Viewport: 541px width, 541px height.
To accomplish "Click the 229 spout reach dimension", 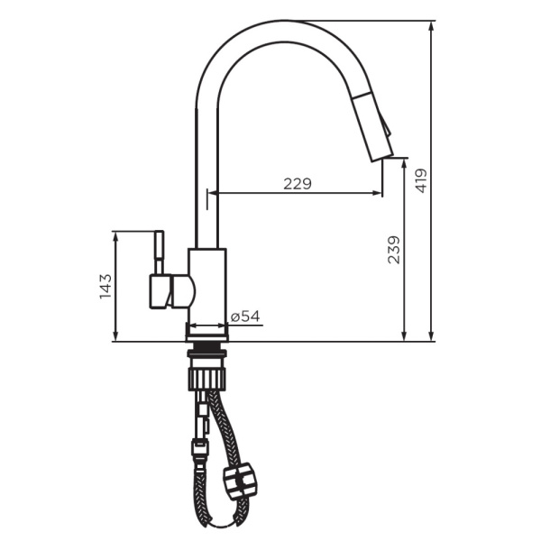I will point(297,183).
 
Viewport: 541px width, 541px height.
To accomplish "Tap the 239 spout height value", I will point(394,250).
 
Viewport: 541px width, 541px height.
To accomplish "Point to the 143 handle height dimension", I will point(105,287).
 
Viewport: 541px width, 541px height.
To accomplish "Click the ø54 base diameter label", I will point(244,316).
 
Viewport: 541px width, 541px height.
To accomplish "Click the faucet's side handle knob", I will point(170,290).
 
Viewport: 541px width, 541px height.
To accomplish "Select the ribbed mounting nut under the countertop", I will point(208,371).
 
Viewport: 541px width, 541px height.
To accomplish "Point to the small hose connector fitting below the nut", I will point(198,446).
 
